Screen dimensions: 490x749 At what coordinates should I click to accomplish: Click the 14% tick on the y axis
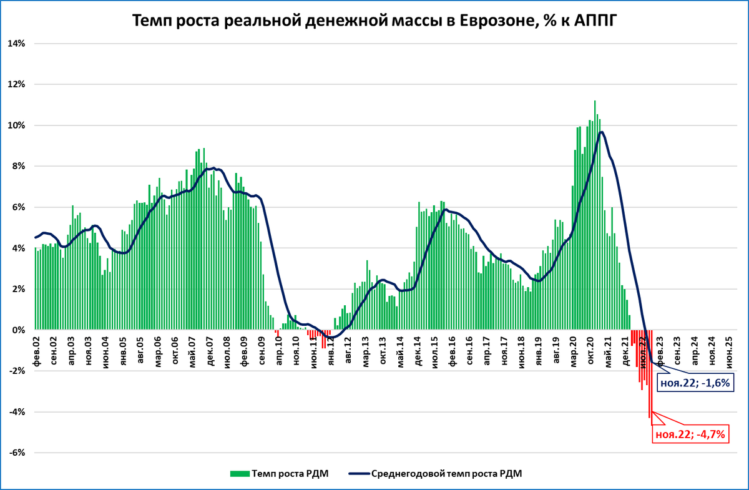pyautogui.click(x=16, y=44)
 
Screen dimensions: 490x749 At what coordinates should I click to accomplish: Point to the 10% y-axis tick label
pyautogui.click(x=16, y=125)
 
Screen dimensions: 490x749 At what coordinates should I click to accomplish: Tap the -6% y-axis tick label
pyautogui.click(x=16, y=453)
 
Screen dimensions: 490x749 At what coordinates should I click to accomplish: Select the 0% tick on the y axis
pyautogui.click(x=19, y=330)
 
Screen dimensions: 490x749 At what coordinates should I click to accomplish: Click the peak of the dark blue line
pyautogui.click(x=601, y=132)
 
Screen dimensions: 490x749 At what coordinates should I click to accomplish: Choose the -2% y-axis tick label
pyautogui.click(x=16, y=371)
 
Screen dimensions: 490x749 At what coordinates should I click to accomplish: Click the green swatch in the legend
pyautogui.click(x=240, y=473)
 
